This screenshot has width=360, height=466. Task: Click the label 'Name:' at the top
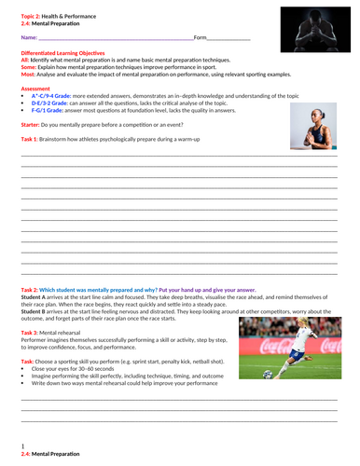pos(29,38)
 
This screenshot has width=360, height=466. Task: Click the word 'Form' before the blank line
pos(200,38)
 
